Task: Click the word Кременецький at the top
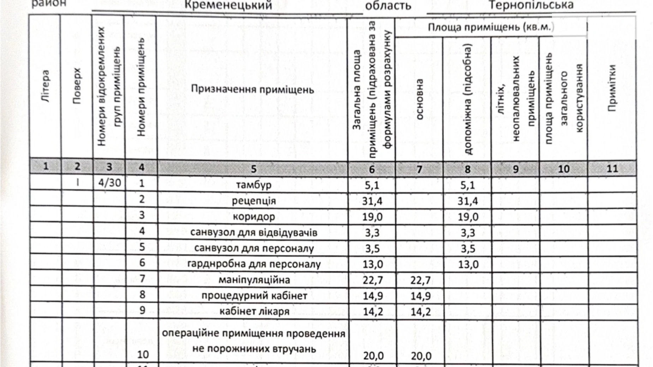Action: [x=228, y=5]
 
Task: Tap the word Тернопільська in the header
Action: [x=531, y=5]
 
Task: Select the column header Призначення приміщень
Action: [x=252, y=89]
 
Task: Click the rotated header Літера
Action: [x=46, y=86]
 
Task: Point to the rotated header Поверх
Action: [x=77, y=86]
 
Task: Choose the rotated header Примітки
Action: [x=612, y=88]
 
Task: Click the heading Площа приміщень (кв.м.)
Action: [x=491, y=27]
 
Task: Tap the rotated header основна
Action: [x=419, y=99]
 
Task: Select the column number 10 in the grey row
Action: [x=563, y=169]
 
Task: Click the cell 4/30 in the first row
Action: [x=109, y=183]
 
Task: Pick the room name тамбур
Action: [x=253, y=185]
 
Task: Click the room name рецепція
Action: [x=253, y=201]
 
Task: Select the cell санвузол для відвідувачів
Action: [x=253, y=233]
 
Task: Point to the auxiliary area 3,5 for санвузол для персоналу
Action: [x=468, y=248]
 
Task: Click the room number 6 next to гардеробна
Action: [x=142, y=263]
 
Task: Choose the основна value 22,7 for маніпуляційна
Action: [x=420, y=280]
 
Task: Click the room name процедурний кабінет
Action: [x=254, y=295]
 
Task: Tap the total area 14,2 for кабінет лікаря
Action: [x=373, y=311]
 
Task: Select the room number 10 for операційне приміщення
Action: [x=143, y=354]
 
